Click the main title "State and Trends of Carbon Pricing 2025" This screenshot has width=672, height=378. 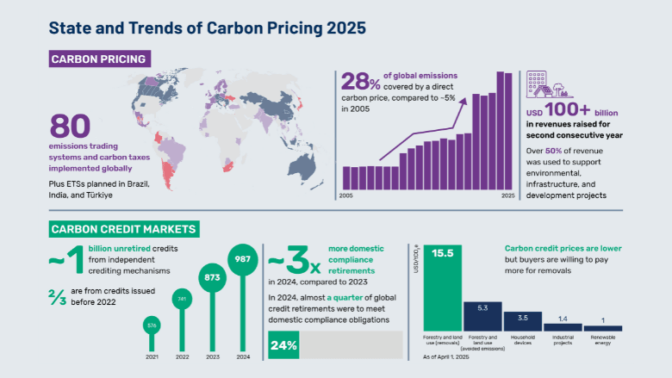(x=207, y=27)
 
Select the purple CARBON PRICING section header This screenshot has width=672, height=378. (x=99, y=59)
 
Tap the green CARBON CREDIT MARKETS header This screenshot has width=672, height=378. (x=125, y=229)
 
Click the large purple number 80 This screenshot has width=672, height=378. (x=70, y=127)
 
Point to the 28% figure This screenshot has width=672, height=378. (x=362, y=82)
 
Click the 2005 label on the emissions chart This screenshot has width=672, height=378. (x=345, y=196)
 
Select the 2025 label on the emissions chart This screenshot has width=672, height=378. (x=507, y=196)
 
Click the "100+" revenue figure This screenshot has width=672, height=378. (x=571, y=112)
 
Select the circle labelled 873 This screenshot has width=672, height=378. (x=211, y=278)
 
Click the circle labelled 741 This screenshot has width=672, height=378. (x=182, y=299)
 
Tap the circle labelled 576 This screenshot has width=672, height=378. (x=152, y=325)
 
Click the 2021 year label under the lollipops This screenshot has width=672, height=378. (x=152, y=356)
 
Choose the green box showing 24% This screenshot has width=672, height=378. (x=284, y=345)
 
